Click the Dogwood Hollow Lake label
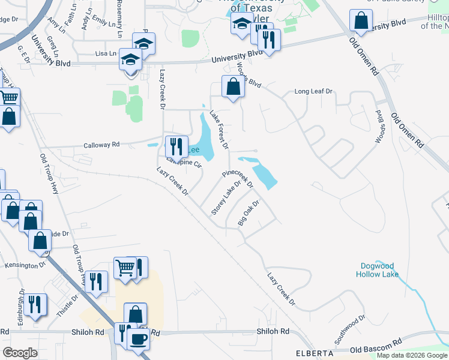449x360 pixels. [x=379, y=270]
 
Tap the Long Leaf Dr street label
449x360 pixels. [x=313, y=92]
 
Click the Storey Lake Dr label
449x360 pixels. [x=226, y=199]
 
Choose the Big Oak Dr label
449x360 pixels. [x=248, y=213]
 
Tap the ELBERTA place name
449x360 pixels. [x=314, y=353]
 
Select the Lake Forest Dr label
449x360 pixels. [x=219, y=129]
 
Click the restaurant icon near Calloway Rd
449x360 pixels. [x=175, y=146]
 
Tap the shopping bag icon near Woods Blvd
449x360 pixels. [x=232, y=87]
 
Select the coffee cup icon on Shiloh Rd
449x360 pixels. [x=139, y=339]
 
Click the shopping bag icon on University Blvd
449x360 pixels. [x=361, y=21]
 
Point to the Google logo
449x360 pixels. [x=20, y=352]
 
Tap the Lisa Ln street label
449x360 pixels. [x=106, y=53]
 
